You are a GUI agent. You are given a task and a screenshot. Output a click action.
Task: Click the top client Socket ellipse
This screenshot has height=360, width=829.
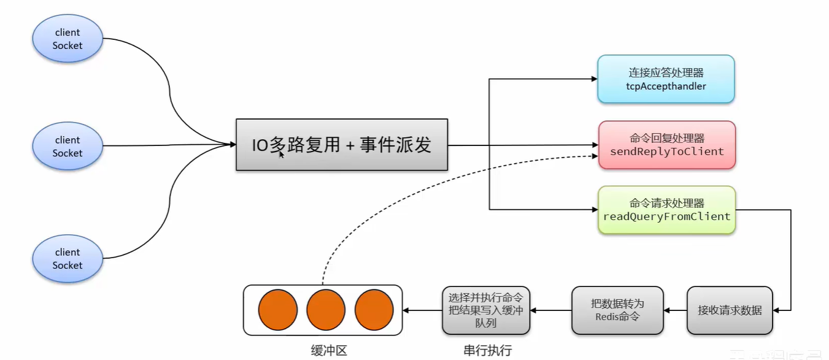67,39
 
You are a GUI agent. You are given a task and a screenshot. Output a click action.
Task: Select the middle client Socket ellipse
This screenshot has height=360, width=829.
67,147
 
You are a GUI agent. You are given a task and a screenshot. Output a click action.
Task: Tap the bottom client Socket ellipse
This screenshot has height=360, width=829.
67,259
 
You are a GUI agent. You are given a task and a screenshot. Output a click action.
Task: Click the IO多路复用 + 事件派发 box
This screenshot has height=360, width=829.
342,145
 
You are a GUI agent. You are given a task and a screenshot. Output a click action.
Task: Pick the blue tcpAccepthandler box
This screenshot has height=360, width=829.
666,79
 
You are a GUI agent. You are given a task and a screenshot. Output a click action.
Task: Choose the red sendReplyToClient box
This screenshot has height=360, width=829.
666,145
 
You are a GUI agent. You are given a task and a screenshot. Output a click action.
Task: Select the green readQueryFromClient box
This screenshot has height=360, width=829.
666,210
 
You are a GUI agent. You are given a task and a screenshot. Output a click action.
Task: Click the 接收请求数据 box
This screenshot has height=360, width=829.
730,310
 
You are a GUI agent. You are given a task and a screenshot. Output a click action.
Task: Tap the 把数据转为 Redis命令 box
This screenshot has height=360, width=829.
617,310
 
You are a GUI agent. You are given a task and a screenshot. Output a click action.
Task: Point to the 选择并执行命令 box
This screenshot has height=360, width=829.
485,310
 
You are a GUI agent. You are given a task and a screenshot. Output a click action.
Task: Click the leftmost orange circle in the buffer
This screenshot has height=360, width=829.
277,310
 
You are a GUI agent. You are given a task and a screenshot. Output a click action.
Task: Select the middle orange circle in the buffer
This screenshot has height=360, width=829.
326,310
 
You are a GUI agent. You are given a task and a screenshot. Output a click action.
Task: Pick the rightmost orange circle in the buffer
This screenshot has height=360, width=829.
374,310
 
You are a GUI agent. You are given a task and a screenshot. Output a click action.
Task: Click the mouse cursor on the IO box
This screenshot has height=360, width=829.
282,155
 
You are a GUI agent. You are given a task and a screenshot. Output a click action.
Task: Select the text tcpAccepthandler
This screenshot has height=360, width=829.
666,86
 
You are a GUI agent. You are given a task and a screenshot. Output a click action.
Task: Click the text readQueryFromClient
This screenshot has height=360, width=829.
666,216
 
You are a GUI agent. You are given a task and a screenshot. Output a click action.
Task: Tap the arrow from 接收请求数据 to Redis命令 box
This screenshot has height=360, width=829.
675,310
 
